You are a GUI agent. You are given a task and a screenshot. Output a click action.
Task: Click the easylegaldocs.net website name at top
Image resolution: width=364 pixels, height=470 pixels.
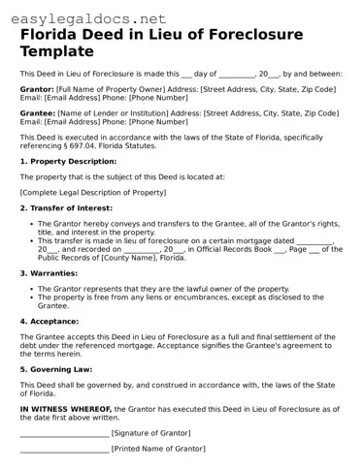[83, 17]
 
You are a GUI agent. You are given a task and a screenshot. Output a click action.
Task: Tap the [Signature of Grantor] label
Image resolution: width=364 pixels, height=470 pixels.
[150, 433]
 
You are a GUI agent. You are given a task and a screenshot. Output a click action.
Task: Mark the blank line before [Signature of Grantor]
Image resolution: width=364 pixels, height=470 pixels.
[64, 434]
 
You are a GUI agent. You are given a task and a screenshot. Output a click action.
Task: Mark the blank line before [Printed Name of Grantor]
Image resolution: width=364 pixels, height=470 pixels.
[64, 450]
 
